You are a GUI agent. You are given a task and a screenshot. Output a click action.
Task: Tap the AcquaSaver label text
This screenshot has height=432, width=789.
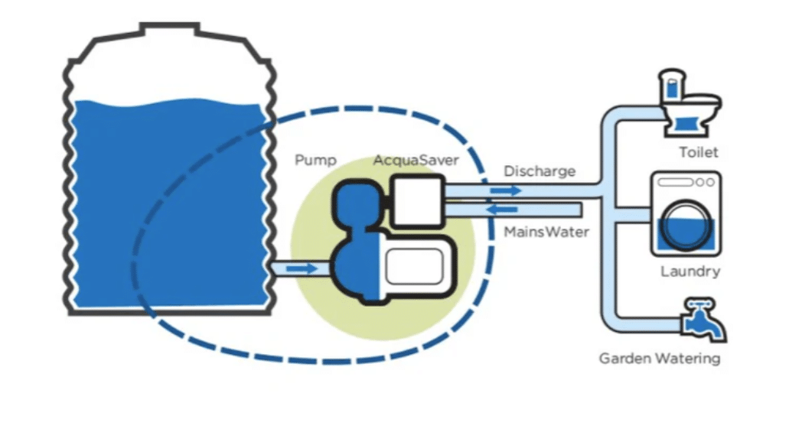(416, 161)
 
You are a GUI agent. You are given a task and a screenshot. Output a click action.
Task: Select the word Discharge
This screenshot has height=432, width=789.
(539, 171)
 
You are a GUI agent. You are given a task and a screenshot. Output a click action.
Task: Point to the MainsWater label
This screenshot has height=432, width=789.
(546, 231)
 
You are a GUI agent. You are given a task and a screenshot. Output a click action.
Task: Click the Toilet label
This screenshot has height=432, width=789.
(699, 153)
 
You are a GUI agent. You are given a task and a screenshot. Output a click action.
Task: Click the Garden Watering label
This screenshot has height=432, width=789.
(659, 358)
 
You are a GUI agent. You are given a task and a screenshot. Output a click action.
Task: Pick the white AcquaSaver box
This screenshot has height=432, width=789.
(417, 200)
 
